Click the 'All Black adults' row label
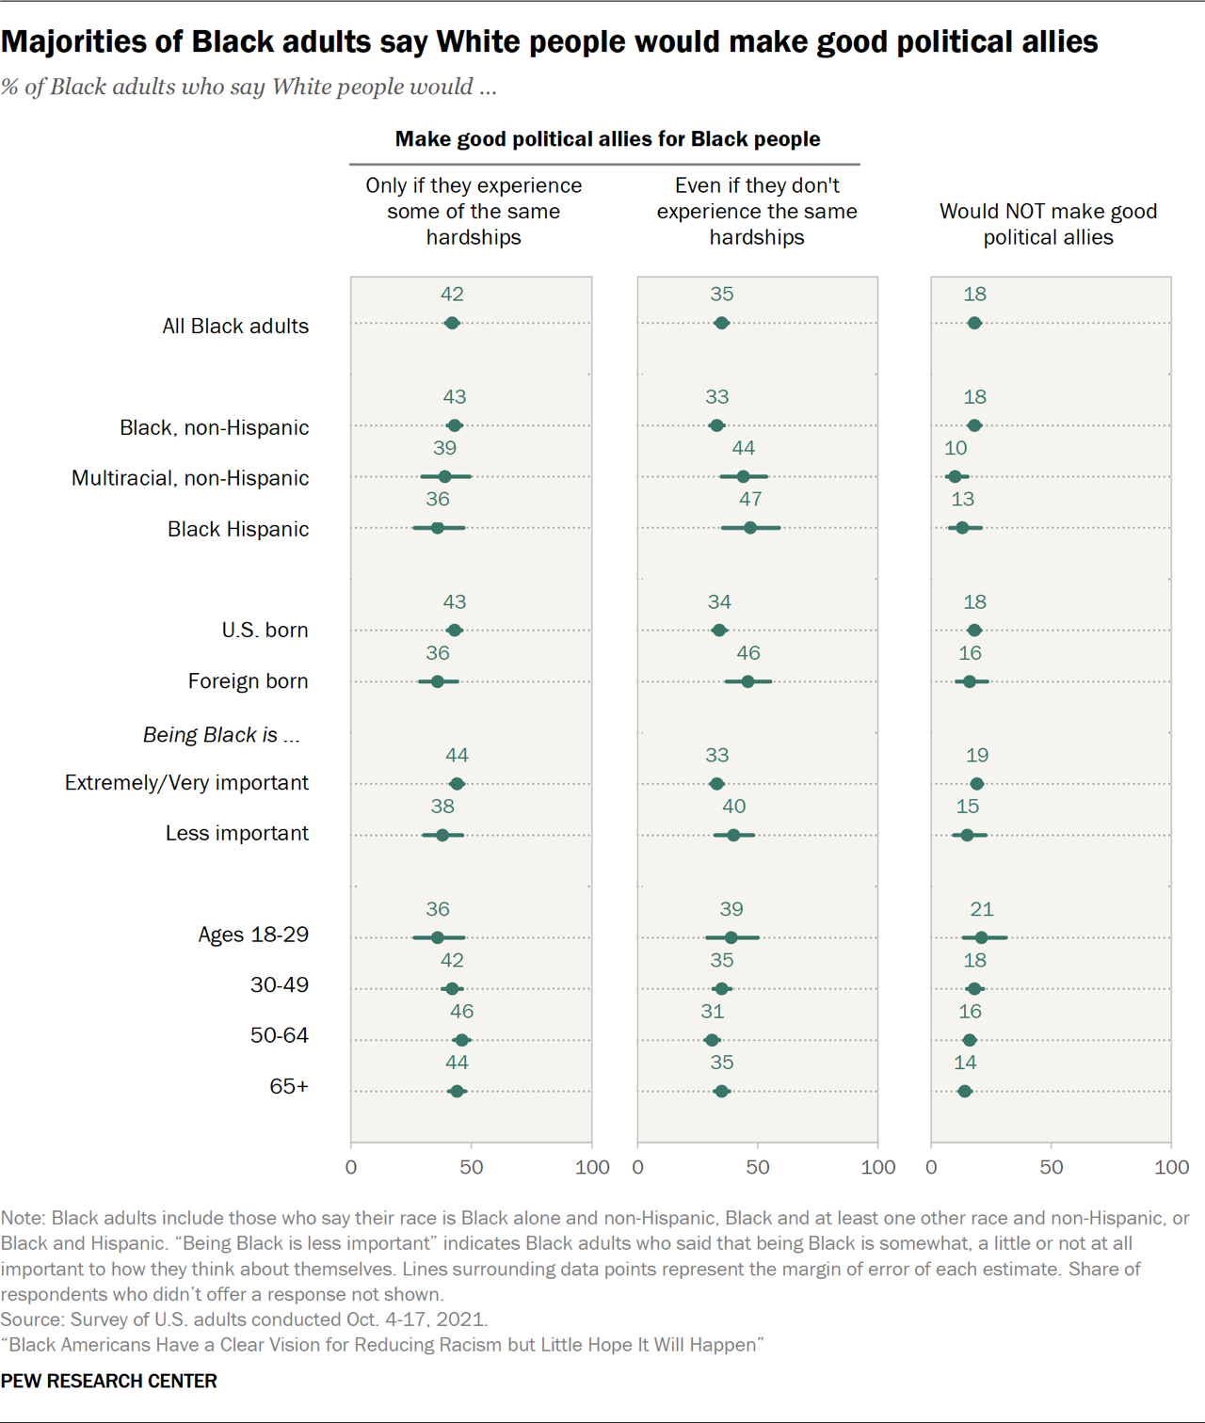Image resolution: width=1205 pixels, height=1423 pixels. tap(235, 326)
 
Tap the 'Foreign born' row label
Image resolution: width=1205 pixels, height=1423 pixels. tap(248, 680)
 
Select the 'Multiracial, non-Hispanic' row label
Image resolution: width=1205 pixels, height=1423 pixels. tap(190, 478)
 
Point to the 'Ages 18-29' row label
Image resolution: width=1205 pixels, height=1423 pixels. tap(253, 935)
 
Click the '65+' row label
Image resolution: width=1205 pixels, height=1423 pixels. tap(289, 1086)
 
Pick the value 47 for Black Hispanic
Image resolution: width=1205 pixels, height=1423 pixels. tap(750, 499)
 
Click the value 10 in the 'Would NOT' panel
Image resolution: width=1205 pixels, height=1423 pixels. tap(956, 448)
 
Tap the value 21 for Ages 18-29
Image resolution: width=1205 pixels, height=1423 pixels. tap(982, 909)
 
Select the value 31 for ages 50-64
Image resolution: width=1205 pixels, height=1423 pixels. tap(713, 1011)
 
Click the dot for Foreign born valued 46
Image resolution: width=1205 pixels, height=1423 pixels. tap(747, 681)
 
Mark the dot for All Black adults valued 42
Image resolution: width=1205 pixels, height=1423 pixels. tap(452, 324)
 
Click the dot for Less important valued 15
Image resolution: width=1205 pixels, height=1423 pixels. tap(967, 835)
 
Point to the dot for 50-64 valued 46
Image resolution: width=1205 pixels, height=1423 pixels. tap(461, 1040)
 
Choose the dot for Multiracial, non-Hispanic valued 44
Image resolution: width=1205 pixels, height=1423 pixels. tap(743, 477)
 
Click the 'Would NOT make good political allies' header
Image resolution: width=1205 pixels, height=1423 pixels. tap(1048, 224)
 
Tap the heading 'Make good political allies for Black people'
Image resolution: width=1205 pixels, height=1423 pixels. tap(607, 139)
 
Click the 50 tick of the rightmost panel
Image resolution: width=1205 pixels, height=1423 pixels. tap(1052, 1167)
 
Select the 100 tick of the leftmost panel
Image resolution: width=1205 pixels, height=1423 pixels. tap(592, 1167)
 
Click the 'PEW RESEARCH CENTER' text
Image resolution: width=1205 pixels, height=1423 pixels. tap(109, 1381)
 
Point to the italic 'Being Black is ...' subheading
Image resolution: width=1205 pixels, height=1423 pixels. tap(221, 735)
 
